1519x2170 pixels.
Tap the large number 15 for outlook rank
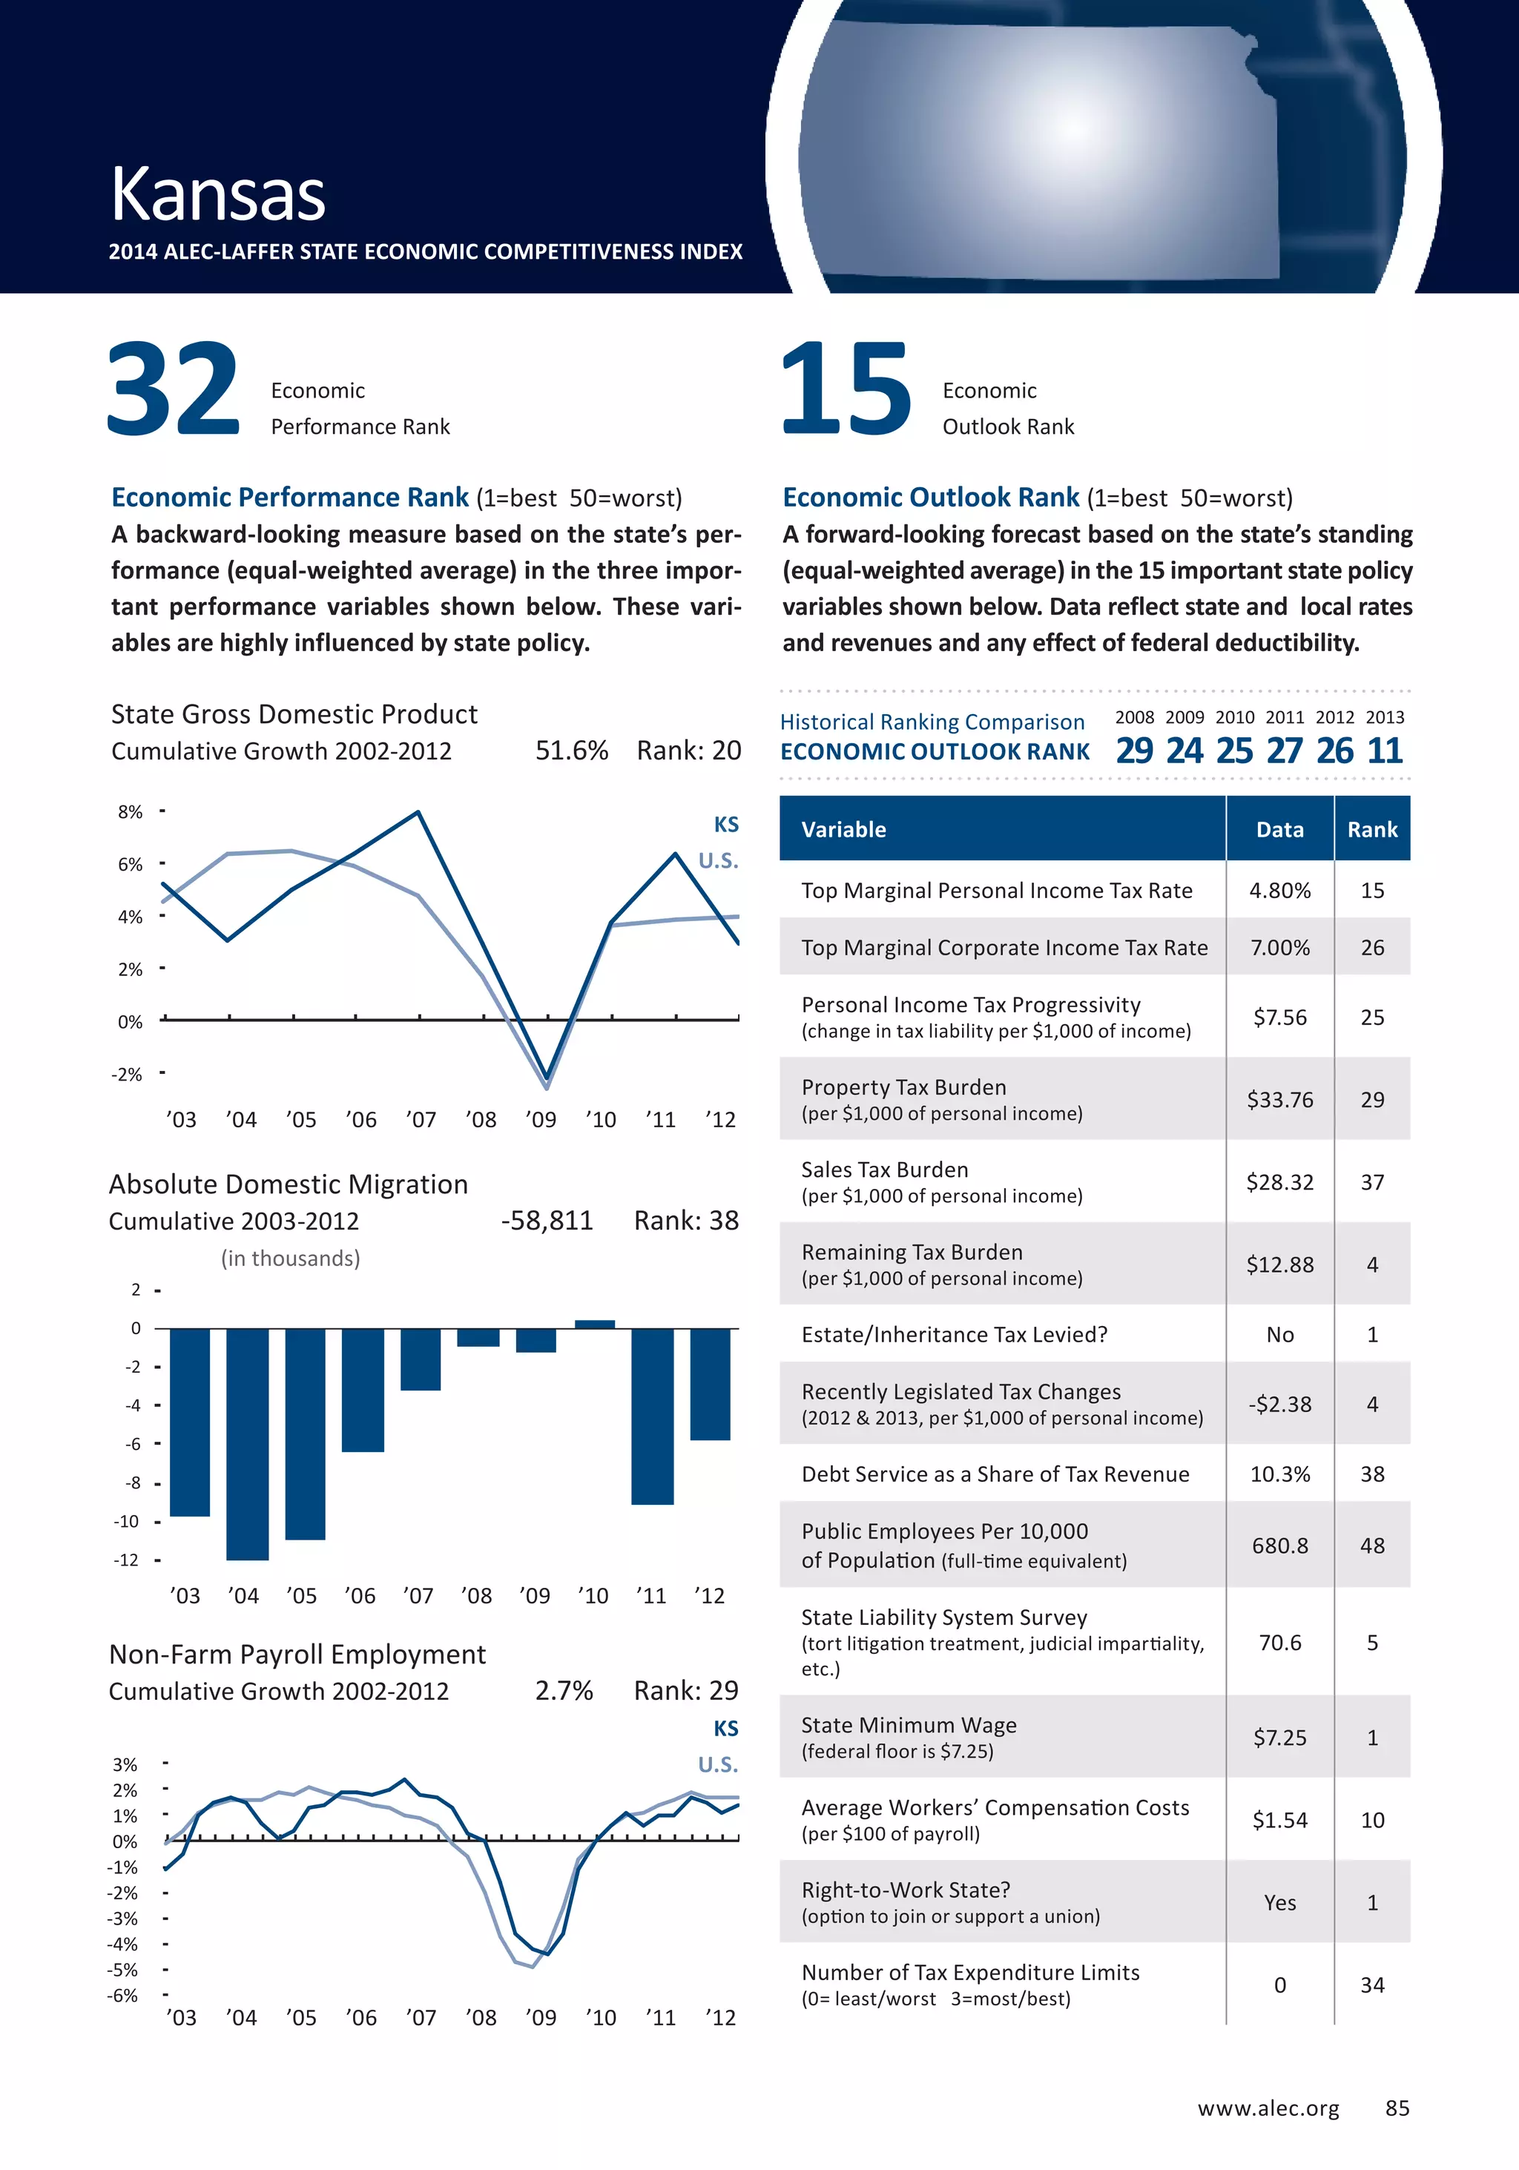point(846,389)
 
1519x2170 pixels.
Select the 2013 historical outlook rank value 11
point(1385,751)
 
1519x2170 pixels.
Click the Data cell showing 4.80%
point(1280,890)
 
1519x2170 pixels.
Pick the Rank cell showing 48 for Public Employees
point(1371,1546)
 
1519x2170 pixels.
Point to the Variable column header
point(844,830)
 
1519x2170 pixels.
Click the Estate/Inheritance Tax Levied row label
point(954,1334)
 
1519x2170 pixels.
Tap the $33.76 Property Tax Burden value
point(1280,1100)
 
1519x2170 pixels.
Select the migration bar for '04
point(248,1443)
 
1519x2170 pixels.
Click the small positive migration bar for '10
point(595,1324)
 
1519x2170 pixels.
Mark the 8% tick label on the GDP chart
point(131,813)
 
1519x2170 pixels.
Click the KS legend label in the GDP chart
point(726,825)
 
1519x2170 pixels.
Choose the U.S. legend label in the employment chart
point(719,1764)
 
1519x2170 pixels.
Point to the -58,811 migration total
point(547,1221)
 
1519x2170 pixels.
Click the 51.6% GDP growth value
point(571,751)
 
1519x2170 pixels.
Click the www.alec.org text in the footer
point(1268,2108)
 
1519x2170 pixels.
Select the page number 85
point(1397,2108)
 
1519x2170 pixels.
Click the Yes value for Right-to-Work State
point(1280,1902)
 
